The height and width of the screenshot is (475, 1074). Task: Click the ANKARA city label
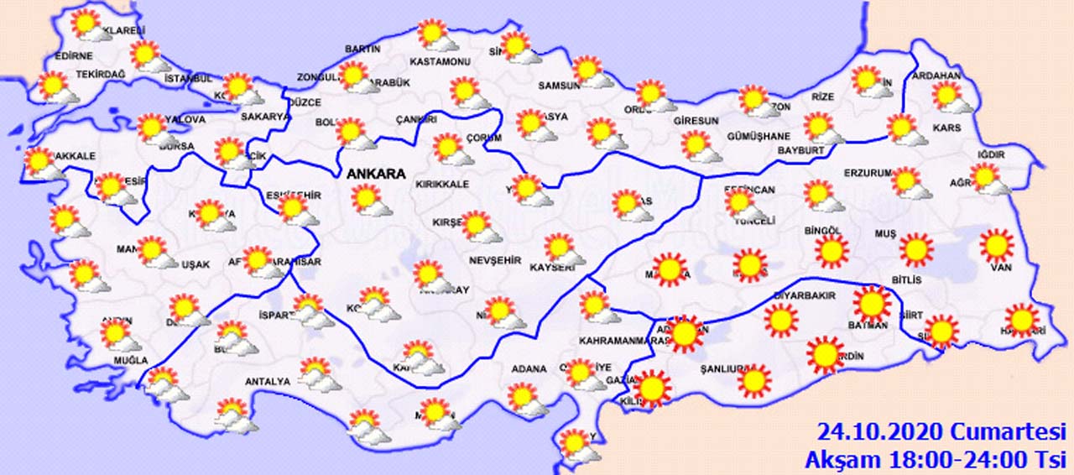coord(376,175)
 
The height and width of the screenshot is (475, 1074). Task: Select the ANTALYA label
coord(267,382)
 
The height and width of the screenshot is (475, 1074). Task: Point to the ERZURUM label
coord(867,173)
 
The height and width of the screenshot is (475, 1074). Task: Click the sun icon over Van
coord(997,245)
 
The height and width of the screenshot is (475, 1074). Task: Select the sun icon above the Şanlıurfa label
coord(754,380)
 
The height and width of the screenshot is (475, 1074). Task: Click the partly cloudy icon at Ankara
coord(368,199)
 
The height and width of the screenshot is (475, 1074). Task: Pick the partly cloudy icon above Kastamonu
coord(435,35)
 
